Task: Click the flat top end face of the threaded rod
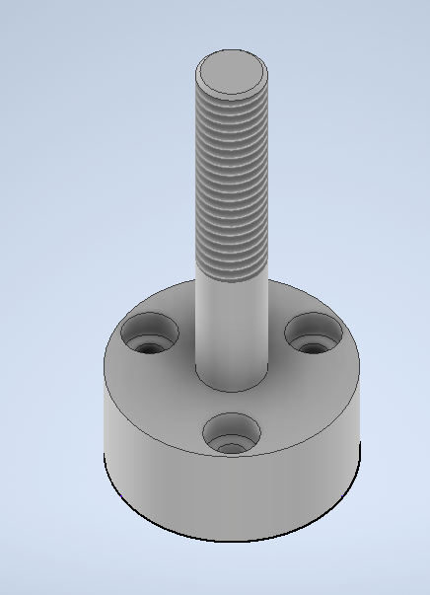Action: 232,71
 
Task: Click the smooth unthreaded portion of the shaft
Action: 232,326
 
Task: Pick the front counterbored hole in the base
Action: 232,434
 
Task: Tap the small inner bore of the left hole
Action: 149,347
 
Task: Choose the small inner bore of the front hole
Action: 232,447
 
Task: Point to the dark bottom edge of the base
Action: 232,541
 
